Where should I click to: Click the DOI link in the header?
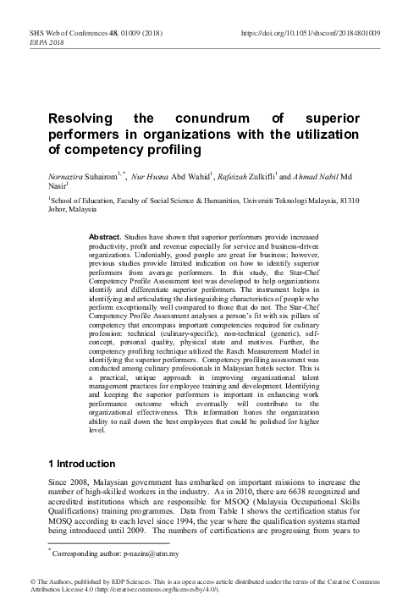coord(310,33)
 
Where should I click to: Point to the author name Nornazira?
coord(67,174)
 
